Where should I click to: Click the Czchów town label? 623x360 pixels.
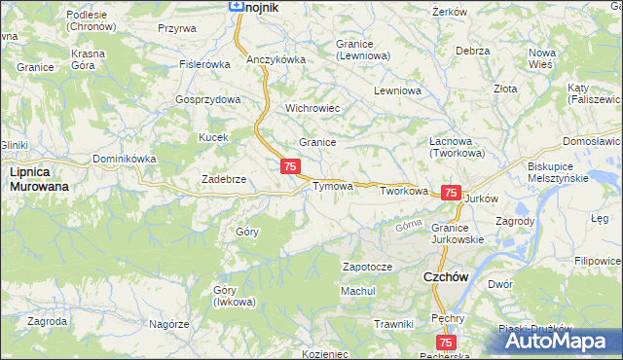pos(446,277)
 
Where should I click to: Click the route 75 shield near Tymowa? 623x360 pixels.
pos(290,167)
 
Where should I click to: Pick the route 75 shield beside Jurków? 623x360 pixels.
pos(451,194)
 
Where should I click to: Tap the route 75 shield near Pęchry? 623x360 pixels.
pos(446,342)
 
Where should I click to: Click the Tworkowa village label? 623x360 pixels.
pos(404,192)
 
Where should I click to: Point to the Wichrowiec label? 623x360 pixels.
pos(311,108)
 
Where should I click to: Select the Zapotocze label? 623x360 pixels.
pos(367,267)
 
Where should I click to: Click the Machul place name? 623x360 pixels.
pos(357,291)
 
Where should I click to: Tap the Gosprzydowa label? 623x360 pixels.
pos(207,100)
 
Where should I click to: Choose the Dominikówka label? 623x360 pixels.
pos(125,159)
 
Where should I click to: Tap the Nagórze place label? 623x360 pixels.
pos(168,323)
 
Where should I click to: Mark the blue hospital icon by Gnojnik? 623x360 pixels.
pos(236,5)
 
